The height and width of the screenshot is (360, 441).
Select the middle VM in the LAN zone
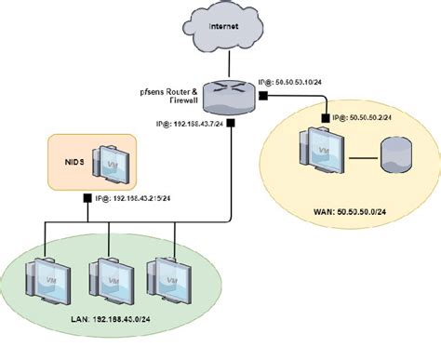[110, 276]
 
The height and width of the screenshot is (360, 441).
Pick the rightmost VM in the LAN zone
[167, 276]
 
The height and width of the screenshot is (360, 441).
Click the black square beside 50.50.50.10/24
[248, 84]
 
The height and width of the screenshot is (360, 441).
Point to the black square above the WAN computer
[325, 118]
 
